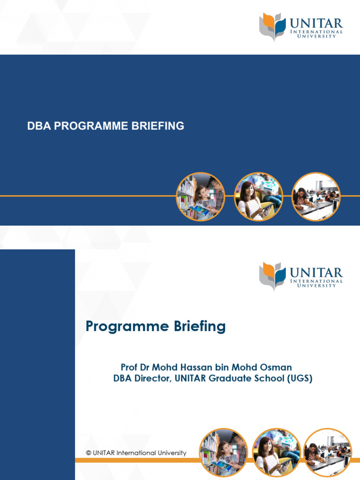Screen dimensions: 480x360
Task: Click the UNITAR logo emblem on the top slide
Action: click(272, 27)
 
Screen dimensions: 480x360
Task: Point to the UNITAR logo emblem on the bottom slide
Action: click(272, 276)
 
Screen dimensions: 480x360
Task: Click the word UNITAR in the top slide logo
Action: click(316, 23)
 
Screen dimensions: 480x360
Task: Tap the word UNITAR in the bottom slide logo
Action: click(316, 272)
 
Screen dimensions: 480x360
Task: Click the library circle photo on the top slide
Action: click(201, 197)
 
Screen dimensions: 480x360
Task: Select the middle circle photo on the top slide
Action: click(258, 197)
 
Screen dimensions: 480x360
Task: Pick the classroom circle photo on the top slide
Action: click(316, 197)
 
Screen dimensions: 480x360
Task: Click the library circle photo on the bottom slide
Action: click(224, 453)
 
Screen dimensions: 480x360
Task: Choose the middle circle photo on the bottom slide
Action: click(276, 453)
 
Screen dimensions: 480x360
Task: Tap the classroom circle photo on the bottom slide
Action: click(328, 453)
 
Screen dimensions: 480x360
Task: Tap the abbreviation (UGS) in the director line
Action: click(299, 378)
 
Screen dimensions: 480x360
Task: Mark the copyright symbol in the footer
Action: click(88, 453)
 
